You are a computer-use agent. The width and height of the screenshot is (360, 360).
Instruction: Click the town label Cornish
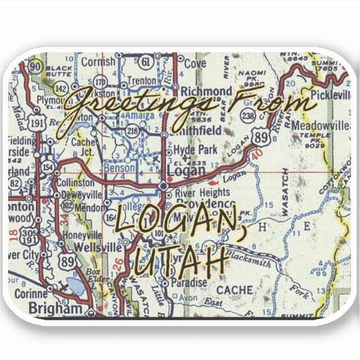pyautogui.click(x=98, y=62)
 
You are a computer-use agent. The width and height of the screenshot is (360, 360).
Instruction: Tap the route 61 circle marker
pyautogui.click(x=146, y=61)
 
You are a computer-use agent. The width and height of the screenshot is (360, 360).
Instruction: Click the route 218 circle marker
pyautogui.click(x=131, y=130)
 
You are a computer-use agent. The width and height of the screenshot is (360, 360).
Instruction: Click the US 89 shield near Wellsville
pyautogui.click(x=67, y=262)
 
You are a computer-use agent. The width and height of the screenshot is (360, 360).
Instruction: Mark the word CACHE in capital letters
pyautogui.click(x=234, y=290)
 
